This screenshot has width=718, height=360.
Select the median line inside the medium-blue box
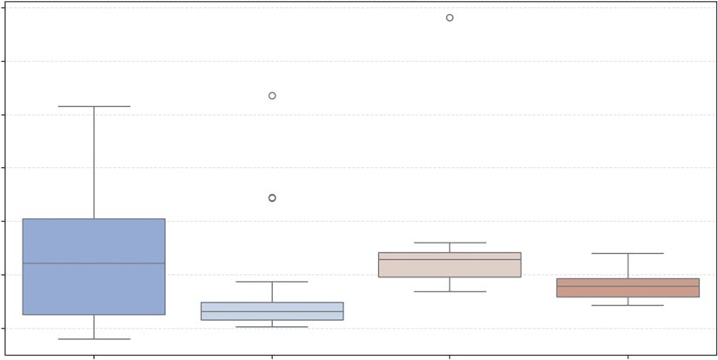click(94, 263)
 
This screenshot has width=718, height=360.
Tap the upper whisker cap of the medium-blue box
click(94, 106)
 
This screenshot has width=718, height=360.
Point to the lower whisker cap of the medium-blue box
click(94, 339)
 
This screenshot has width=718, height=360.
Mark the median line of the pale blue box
click(272, 311)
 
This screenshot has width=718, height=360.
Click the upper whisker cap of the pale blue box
click(272, 282)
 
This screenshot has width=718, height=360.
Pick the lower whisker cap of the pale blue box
click(272, 327)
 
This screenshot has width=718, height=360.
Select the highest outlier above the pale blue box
click(272, 96)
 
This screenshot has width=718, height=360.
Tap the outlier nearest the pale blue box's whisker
click(272, 198)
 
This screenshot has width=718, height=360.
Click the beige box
click(449, 269)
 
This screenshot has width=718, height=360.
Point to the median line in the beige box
click(449, 259)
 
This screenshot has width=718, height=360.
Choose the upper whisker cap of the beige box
click(449, 243)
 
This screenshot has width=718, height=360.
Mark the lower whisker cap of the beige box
click(449, 291)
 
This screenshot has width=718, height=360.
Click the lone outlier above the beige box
click(449, 17)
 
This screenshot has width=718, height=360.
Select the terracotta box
click(628, 292)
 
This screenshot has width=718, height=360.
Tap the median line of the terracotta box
click(628, 286)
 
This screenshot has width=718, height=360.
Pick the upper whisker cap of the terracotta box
click(628, 253)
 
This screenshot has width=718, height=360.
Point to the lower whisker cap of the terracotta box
click(628, 305)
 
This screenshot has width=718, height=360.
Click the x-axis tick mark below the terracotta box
click(628, 357)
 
